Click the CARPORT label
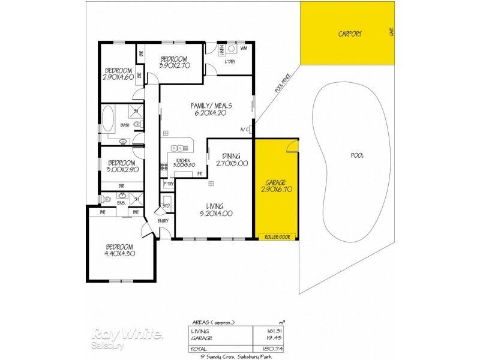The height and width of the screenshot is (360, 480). tap(349, 34)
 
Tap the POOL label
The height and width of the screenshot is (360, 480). tap(358, 155)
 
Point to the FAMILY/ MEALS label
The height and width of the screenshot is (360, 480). tap(211, 106)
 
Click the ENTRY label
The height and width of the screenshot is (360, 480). tap(163, 220)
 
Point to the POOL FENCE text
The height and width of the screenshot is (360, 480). tap(283, 83)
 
